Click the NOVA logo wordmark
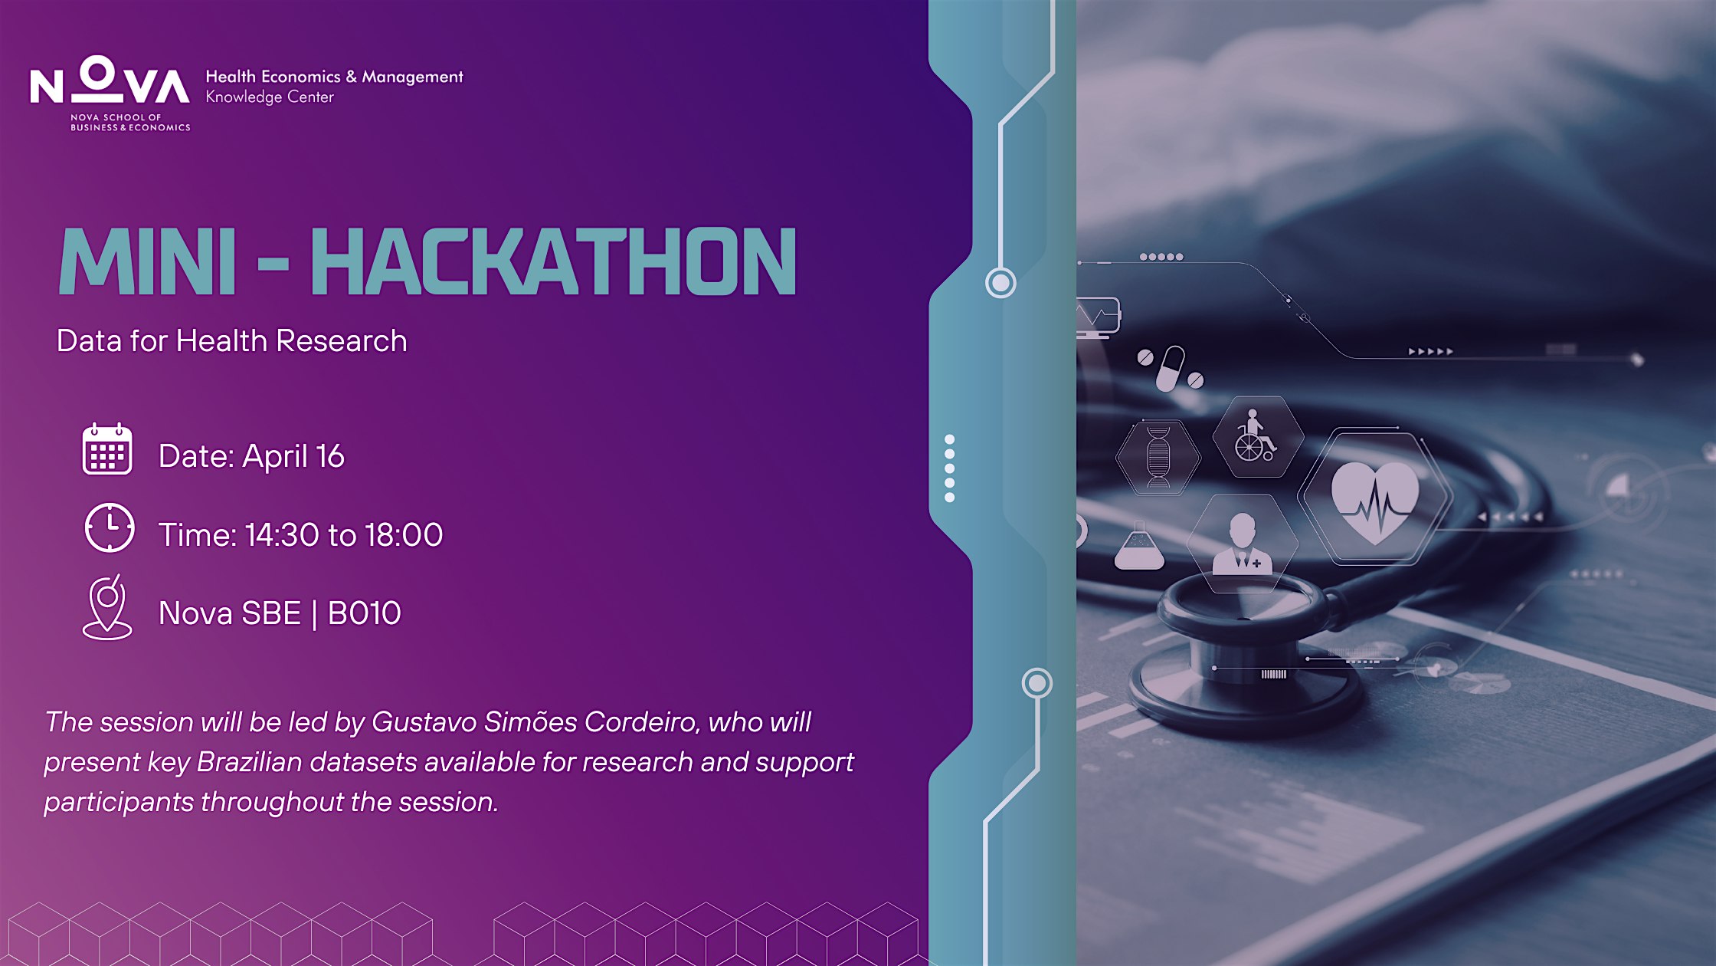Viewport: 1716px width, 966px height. coord(110,80)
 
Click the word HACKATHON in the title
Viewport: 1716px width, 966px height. coord(553,261)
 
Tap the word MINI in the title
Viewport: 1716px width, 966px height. coord(147,261)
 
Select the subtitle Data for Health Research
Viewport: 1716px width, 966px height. coord(231,341)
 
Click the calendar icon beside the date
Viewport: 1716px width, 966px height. coord(107,449)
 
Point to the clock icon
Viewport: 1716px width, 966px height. coord(110,527)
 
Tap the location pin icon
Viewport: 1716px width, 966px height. coord(107,607)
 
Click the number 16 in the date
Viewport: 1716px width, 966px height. coord(330,456)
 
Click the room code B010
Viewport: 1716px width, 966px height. coord(364,613)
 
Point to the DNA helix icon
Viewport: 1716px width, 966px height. coord(1158,457)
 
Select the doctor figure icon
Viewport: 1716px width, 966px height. coord(1242,544)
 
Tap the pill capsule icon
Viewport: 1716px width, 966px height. coord(1170,369)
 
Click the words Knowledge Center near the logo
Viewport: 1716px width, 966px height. coord(270,97)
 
